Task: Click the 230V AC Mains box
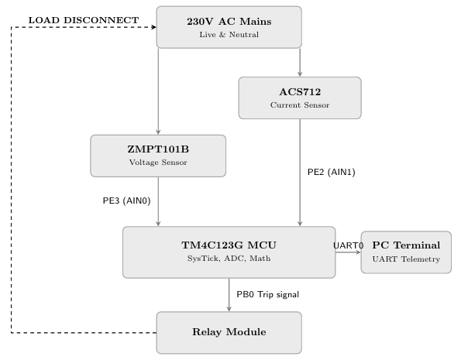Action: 229,27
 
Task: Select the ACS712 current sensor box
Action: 300,98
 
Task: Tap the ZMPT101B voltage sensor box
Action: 158,156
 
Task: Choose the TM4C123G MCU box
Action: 229,252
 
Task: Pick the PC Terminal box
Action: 406,252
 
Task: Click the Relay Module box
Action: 229,333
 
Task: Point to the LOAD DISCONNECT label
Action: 84,20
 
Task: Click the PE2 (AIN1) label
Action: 332,172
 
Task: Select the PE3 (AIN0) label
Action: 127,201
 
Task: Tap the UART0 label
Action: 349,245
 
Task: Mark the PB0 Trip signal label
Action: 268,294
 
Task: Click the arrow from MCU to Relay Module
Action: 229,295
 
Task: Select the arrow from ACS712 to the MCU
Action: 300,173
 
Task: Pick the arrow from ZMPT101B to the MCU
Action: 158,201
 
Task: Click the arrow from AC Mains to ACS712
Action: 300,62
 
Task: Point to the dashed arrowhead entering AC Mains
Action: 153,27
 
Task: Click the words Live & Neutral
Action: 229,35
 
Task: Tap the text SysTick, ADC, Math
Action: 229,259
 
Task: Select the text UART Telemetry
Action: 406,259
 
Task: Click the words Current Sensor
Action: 300,105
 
